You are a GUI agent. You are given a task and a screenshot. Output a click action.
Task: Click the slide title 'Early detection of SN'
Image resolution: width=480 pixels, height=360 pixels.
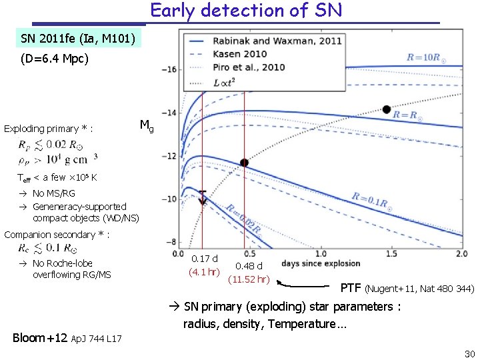tap(246, 11)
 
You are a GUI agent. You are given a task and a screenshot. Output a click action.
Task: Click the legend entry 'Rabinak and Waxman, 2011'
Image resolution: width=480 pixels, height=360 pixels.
tap(277, 41)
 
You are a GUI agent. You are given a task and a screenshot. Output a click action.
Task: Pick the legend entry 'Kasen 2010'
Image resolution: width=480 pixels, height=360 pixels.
tap(240, 53)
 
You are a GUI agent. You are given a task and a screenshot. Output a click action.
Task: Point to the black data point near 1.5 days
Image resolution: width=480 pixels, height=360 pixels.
tap(386, 109)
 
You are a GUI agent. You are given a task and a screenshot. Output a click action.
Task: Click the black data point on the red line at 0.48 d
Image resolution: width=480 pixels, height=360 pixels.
tap(244, 163)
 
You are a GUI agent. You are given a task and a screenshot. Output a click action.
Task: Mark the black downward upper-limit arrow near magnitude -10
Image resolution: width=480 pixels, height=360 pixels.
tap(203, 197)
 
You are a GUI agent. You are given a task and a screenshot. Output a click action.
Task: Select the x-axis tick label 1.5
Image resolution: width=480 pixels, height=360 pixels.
tap(391, 254)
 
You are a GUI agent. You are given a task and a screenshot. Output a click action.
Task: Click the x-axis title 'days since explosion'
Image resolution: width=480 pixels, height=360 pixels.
tap(320, 263)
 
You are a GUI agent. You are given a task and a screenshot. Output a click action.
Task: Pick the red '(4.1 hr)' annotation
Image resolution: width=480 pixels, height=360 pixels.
tap(204, 271)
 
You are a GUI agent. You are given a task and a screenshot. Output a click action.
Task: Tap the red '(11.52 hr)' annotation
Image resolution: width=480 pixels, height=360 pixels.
tap(248, 279)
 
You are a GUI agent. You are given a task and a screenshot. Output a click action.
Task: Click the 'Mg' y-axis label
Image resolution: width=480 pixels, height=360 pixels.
tap(147, 125)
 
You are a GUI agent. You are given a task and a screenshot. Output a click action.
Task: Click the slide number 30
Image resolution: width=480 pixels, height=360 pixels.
tap(469, 353)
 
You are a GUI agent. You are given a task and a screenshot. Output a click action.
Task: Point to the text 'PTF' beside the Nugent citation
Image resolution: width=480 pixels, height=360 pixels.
tap(351, 288)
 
